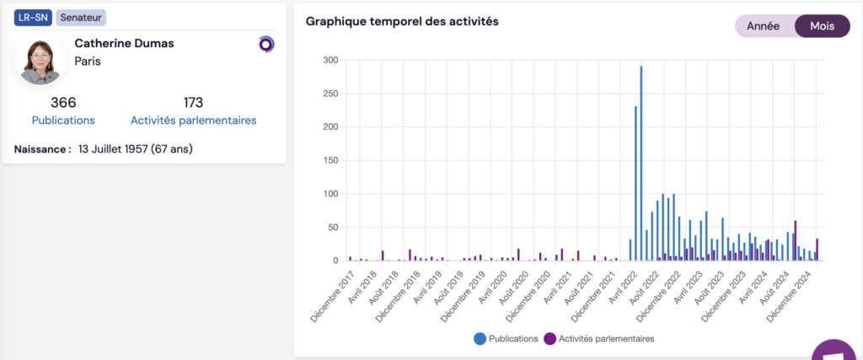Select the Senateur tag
tap(81, 18)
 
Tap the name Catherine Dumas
tap(124, 43)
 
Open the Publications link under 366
tap(63, 121)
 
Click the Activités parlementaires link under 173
tap(193, 121)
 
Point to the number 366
tap(63, 103)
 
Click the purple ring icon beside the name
tap(266, 44)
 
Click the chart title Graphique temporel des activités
tap(402, 22)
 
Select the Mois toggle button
tap(822, 26)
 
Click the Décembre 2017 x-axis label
tap(335, 292)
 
